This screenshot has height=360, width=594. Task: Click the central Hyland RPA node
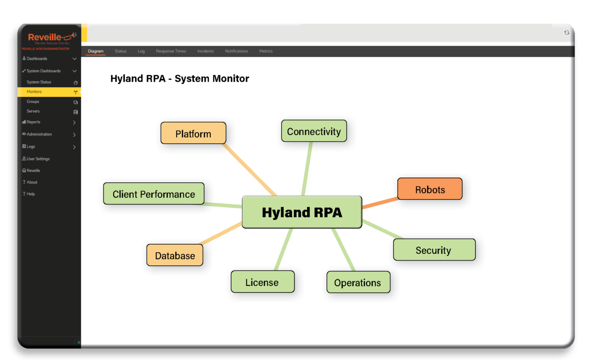coord(302,212)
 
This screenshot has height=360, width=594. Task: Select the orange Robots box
coord(430,189)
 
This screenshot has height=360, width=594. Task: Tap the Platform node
coord(193,134)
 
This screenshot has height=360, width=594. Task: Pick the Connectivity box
coord(314,131)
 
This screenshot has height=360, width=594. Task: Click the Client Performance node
coord(154,194)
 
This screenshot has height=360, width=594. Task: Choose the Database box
coord(175,256)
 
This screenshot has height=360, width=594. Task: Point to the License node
coord(262,282)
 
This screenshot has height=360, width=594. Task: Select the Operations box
coord(358,283)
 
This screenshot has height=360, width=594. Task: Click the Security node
coord(433,250)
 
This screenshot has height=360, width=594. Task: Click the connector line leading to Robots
coord(380,203)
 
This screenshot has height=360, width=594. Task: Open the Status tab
coord(121,51)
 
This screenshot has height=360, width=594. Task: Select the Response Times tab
coord(171,51)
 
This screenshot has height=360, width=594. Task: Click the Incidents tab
coord(206,51)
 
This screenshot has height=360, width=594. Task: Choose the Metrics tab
coord(266,51)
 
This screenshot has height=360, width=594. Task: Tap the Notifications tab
coord(237,51)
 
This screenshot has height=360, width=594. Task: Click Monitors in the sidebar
coord(34,92)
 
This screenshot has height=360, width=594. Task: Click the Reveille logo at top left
coord(49,38)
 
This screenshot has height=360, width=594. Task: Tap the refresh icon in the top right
coord(567,32)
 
